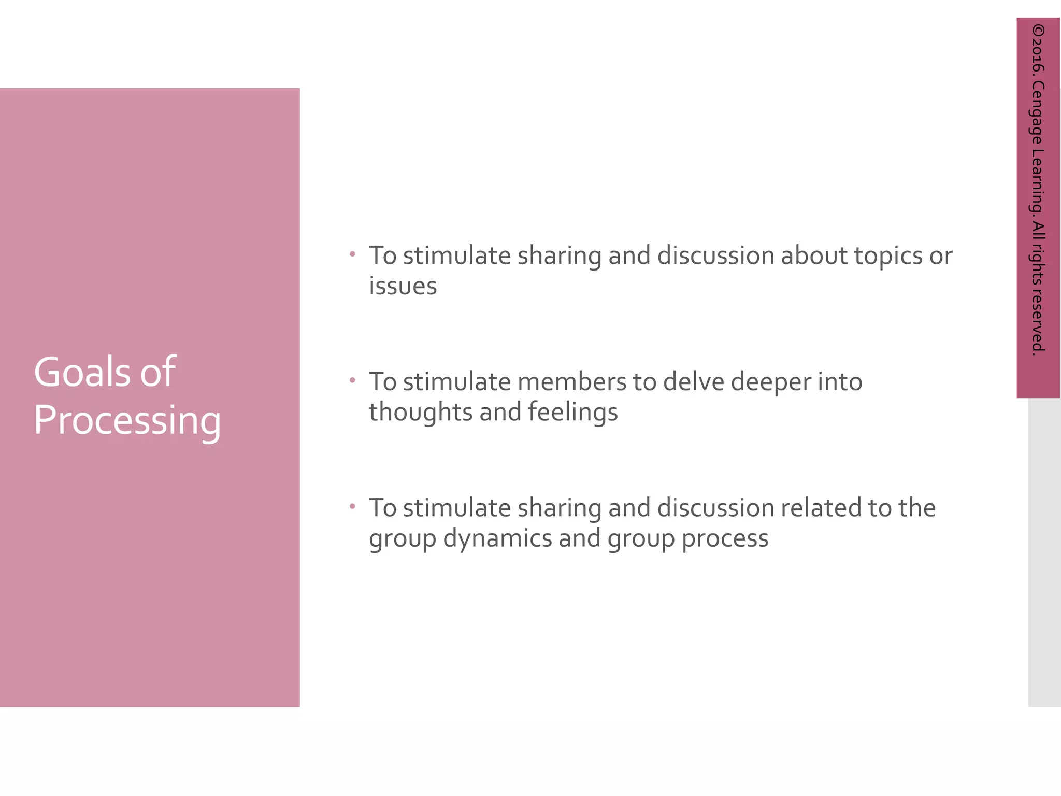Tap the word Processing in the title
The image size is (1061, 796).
point(127,421)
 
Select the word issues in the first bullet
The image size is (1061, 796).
point(403,286)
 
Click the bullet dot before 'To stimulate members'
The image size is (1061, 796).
point(352,380)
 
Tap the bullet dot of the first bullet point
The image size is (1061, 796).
point(352,254)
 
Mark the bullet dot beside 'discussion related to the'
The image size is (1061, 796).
point(352,506)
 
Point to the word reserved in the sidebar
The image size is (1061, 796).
point(1038,321)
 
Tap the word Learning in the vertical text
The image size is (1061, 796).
point(1038,182)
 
